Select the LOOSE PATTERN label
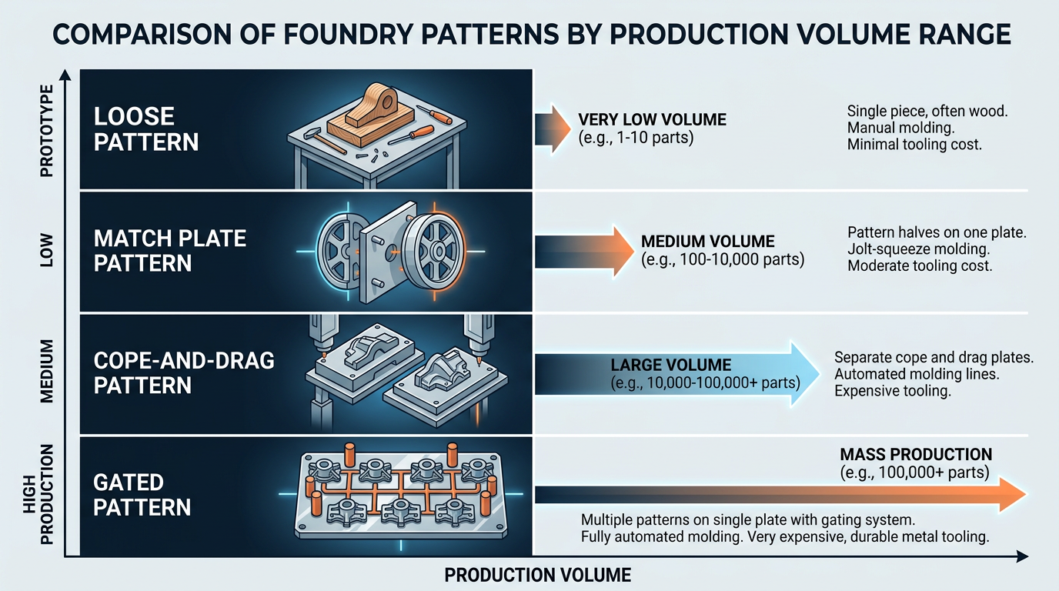(145, 129)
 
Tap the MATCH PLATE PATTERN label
(170, 250)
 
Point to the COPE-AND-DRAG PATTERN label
(184, 372)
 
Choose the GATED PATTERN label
(142, 495)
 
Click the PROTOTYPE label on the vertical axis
(47, 131)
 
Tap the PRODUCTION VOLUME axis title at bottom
(537, 575)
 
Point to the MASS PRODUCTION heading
(916, 454)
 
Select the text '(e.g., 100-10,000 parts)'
(722, 260)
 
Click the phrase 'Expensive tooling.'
(893, 391)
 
